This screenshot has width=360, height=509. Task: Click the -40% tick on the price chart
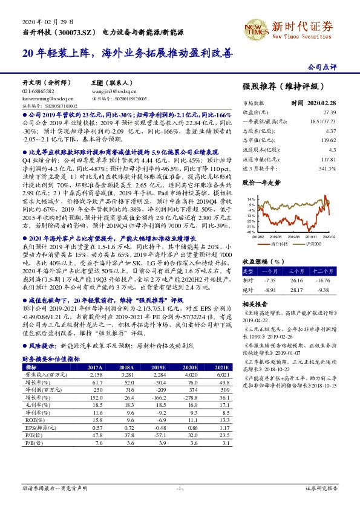(x=250, y=230)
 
